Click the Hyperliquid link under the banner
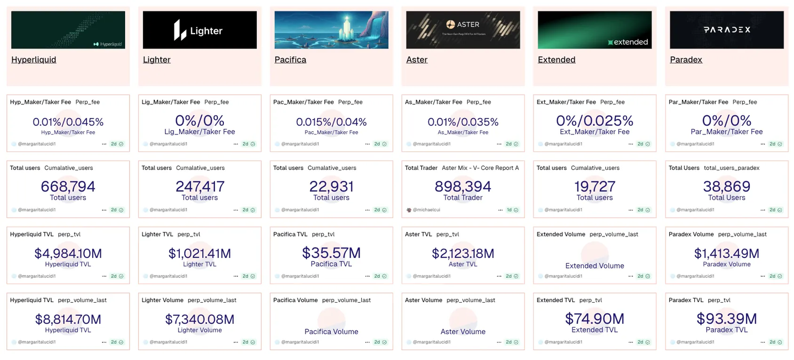[34, 60]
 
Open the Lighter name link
[157, 60]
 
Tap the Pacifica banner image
[331, 30]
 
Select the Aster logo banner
[463, 30]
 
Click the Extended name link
[556, 60]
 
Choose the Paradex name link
[686, 60]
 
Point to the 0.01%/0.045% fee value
[68, 122]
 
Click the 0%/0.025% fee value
[594, 121]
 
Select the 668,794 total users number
[68, 187]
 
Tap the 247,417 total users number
[200, 187]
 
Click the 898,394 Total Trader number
[463, 187]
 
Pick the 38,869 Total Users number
[726, 187]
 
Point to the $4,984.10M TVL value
[68, 254]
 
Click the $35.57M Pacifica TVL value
[331, 253]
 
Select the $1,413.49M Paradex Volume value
[726, 254]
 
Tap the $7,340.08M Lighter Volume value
[200, 319]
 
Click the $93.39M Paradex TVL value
[726, 319]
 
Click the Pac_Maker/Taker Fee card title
[304, 102]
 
